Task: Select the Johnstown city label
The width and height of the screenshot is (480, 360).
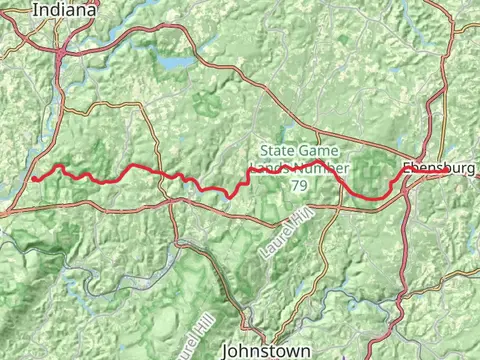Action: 265,351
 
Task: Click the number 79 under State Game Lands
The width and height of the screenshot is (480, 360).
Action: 299,186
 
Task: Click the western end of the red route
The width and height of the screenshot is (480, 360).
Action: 33,179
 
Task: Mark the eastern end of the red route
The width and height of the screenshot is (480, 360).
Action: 447,173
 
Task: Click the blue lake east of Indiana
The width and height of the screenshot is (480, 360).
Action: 178,62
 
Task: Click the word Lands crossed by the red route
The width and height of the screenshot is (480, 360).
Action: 269,169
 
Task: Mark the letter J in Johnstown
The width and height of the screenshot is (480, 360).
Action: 226,351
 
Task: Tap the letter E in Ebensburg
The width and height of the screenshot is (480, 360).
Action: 405,168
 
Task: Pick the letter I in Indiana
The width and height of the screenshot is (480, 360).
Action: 35,10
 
